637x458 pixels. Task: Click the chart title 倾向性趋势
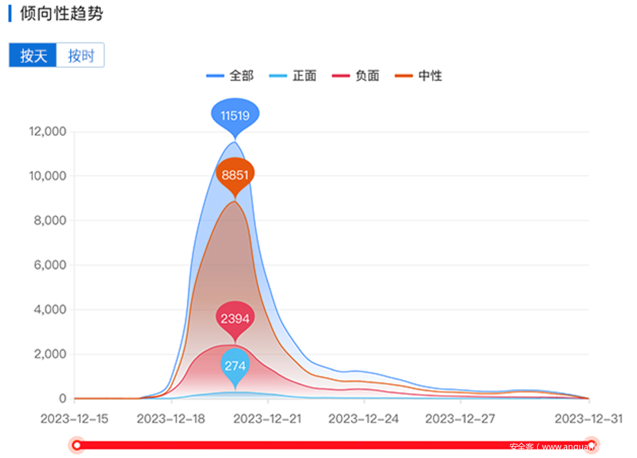point(61,14)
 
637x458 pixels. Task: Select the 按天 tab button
point(33,55)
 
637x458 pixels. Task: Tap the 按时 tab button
point(81,55)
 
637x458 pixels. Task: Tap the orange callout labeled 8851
point(235,175)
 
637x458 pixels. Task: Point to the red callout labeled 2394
point(235,319)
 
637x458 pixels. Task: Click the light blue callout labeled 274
point(235,366)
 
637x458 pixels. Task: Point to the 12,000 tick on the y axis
point(48,131)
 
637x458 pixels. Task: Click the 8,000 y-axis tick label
point(50,220)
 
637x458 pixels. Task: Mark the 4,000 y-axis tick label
point(50,309)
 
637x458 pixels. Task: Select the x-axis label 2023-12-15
point(74,419)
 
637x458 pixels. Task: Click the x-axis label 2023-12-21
point(267,419)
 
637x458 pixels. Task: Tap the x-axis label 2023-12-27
point(460,419)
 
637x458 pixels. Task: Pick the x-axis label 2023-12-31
point(589,419)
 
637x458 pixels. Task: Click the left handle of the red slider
point(76,445)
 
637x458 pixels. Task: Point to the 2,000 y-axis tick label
point(50,354)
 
